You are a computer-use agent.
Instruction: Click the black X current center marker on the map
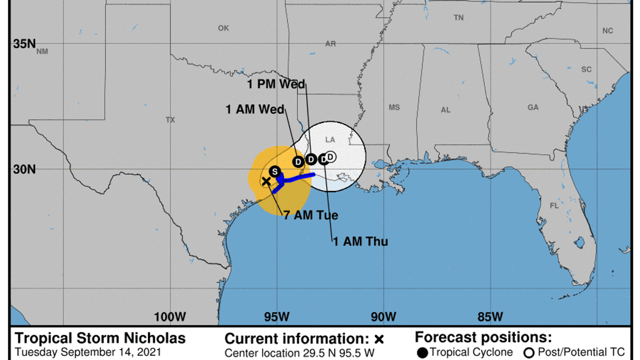point(266,181)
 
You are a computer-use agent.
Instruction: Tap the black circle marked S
point(275,171)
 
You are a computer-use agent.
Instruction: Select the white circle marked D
point(331,157)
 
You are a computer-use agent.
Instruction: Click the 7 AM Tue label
point(310,215)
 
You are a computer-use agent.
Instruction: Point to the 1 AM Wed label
point(255,109)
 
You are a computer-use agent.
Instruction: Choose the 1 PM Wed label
point(276,84)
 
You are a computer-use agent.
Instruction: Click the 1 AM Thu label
point(360,241)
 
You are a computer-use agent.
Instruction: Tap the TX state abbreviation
point(170,120)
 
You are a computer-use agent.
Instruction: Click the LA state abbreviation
point(330,140)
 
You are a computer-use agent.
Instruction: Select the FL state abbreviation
point(554,206)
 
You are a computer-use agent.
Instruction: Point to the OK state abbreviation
point(223,28)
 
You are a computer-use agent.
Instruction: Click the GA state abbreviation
point(533,107)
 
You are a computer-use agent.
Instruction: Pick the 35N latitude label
point(24,44)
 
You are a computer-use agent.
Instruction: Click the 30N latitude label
point(24,169)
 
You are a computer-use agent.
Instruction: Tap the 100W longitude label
point(170,316)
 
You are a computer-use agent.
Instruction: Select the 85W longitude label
point(490,316)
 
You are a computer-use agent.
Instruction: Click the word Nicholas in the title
point(153,338)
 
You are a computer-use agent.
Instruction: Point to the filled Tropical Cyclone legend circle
point(423,352)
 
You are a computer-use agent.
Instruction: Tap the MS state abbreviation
point(394,107)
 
